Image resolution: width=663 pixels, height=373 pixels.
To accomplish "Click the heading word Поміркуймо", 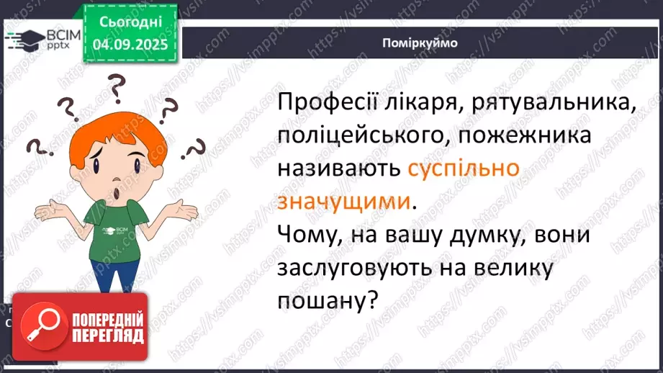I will point(420,42).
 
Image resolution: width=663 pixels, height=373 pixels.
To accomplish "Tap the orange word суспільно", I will point(464,169).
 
